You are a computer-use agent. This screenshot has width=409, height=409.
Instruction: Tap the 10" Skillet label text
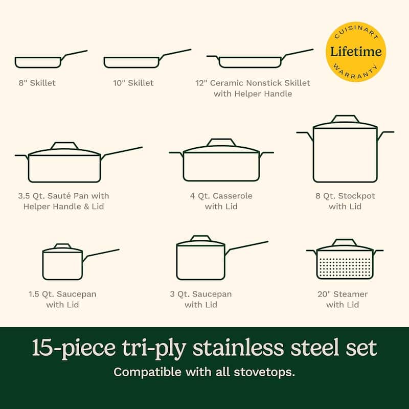(133, 83)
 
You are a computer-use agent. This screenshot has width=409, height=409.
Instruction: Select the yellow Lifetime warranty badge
(355, 52)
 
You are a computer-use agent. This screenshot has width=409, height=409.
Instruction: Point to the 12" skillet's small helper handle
(212, 57)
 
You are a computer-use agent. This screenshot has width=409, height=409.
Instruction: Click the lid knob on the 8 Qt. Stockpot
(345, 119)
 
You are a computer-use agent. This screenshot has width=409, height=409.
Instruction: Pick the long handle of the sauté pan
(123, 151)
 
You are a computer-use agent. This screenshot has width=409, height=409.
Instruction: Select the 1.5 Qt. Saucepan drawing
(63, 263)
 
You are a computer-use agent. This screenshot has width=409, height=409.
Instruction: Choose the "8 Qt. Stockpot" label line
(345, 196)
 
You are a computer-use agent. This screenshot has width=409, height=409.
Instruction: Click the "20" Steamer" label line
(343, 294)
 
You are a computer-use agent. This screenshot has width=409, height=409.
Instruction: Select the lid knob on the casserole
(221, 142)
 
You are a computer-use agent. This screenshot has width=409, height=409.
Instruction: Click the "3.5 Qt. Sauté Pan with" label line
(63, 196)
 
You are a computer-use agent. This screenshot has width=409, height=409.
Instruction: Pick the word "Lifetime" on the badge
(356, 51)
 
